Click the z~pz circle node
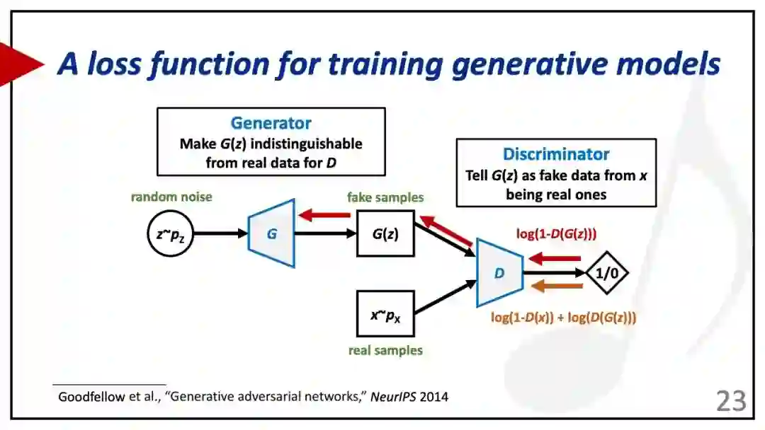pos(171,233)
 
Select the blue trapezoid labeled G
pos(271,233)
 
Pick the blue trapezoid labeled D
pos(499,272)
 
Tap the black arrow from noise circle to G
pos(220,233)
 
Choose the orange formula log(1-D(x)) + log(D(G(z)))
pos(563,318)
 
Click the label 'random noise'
pos(171,197)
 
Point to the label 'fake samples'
pos(385,197)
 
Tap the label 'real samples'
pos(385,350)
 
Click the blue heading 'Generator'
pos(271,123)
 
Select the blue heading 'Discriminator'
pos(556,154)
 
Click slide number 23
pos(731,401)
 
